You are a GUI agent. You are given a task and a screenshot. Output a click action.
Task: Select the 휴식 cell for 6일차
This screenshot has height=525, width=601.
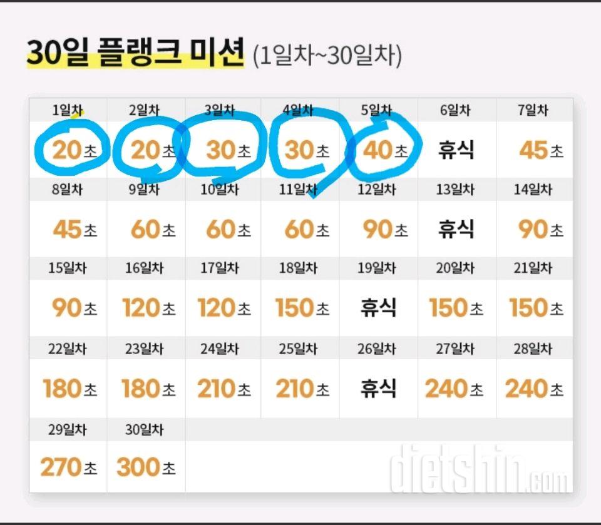pyautogui.click(x=456, y=150)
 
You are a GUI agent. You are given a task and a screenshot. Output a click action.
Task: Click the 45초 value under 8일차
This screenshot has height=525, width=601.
pyautogui.click(x=74, y=230)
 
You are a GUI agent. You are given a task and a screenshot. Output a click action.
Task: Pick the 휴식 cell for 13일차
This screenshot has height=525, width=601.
pyautogui.click(x=456, y=230)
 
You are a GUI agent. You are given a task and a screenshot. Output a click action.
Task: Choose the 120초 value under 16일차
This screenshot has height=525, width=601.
pyautogui.click(x=148, y=308)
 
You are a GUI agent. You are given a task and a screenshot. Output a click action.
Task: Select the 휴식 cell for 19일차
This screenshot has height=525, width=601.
pyautogui.click(x=378, y=308)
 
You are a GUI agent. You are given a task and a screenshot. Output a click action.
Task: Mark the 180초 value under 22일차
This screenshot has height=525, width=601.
pyautogui.click(x=69, y=389)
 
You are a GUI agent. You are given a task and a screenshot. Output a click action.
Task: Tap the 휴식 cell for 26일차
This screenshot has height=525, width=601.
pyautogui.click(x=378, y=389)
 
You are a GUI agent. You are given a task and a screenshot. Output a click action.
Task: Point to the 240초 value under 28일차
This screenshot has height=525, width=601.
pyautogui.click(x=533, y=389)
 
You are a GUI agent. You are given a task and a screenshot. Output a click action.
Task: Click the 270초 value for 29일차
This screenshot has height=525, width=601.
pyautogui.click(x=68, y=467)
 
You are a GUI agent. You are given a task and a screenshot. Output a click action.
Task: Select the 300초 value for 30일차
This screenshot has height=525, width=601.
pyautogui.click(x=145, y=467)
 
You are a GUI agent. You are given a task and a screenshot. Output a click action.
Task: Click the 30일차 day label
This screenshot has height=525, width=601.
pyautogui.click(x=144, y=430)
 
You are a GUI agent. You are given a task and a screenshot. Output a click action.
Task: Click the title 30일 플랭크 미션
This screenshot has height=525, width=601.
pyautogui.click(x=135, y=54)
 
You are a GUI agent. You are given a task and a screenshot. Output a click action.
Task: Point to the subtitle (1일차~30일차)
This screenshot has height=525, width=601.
pyautogui.click(x=327, y=56)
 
